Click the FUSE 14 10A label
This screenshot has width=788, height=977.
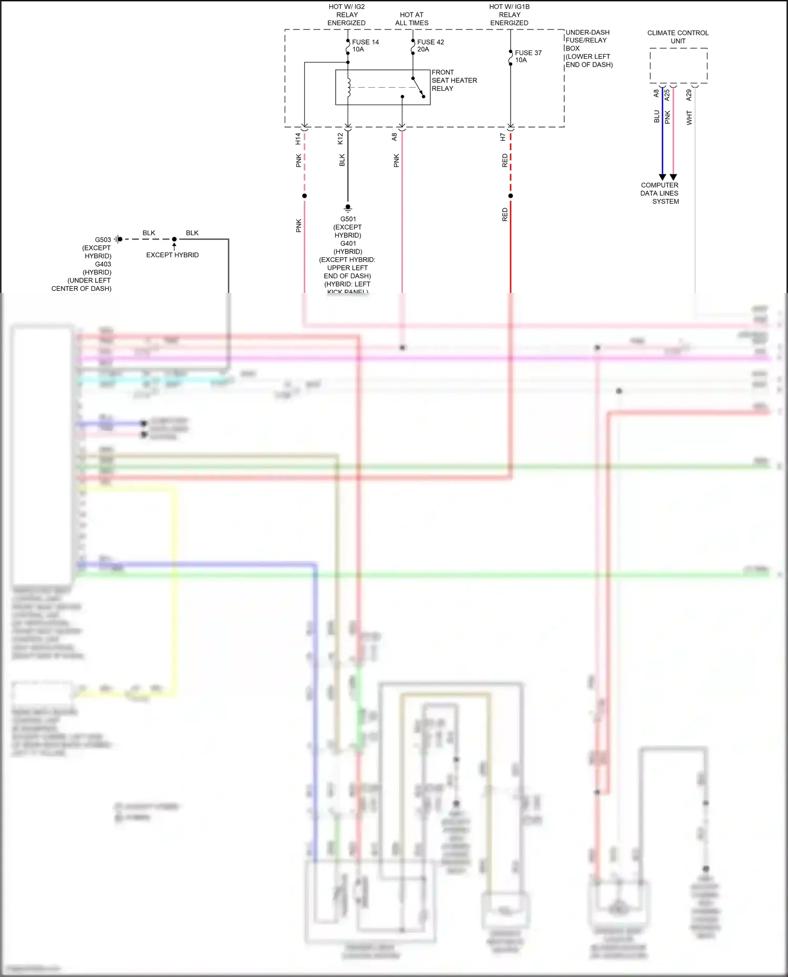[x=365, y=46]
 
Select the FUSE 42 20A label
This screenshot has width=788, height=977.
[x=430, y=46]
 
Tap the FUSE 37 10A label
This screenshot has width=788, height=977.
[x=527, y=56]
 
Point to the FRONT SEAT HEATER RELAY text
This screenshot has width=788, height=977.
[x=454, y=80]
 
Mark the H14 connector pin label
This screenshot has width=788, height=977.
[x=298, y=139]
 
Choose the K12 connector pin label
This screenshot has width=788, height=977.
[x=340, y=139]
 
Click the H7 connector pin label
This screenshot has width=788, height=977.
[x=503, y=137]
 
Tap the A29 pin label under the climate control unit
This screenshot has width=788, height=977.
[x=689, y=95]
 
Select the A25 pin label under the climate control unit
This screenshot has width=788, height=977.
[x=667, y=95]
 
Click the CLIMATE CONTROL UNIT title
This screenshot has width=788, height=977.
[x=678, y=37]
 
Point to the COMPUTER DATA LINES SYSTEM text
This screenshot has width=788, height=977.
[x=660, y=193]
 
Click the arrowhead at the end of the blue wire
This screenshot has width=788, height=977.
[x=662, y=177]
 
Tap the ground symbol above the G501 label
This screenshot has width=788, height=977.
[x=348, y=208]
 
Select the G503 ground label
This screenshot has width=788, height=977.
[x=103, y=240]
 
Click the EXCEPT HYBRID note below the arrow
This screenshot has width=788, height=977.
[x=172, y=255]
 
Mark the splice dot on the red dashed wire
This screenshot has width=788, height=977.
[x=511, y=196]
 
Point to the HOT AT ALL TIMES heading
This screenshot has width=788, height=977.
[x=412, y=19]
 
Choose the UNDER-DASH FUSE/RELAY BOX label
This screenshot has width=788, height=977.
[x=588, y=48]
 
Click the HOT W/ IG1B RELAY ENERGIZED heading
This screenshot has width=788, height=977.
[x=510, y=15]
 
